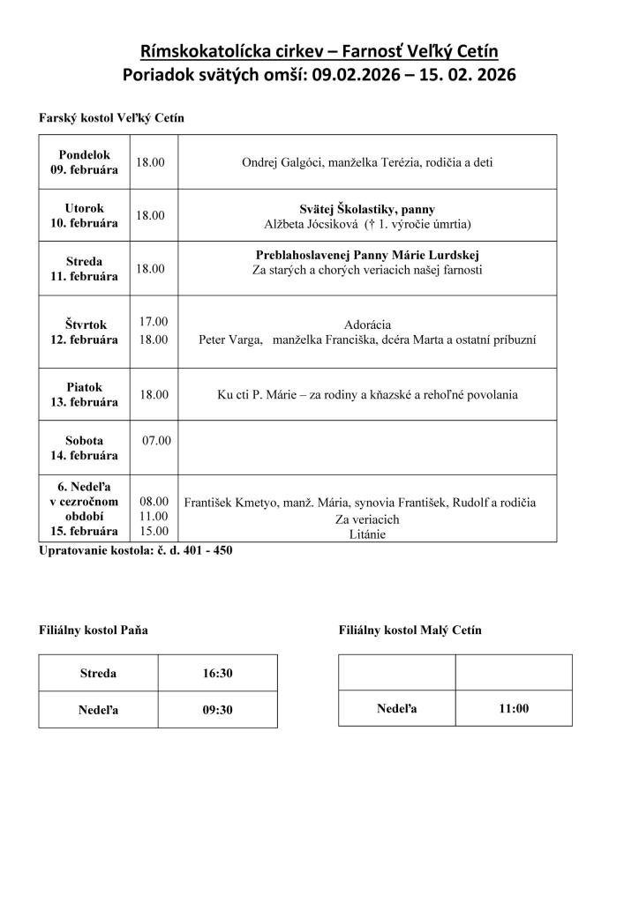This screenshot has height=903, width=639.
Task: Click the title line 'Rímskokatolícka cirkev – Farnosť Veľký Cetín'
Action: [319, 51]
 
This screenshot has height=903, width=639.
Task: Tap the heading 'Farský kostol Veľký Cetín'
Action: [111, 117]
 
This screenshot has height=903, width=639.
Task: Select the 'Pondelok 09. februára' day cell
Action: [84, 162]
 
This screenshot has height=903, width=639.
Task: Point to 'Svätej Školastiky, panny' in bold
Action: [367, 209]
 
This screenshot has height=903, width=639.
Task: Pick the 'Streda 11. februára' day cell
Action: [84, 269]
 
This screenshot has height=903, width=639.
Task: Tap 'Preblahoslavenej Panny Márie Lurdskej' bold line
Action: [367, 255]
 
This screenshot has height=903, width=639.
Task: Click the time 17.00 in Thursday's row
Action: [154, 322]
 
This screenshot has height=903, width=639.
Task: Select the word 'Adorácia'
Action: [370, 325]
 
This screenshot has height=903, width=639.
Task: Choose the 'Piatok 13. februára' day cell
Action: [84, 394]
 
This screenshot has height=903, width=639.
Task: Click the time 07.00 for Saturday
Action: [157, 440]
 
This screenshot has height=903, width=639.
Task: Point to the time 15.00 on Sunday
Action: [154, 532]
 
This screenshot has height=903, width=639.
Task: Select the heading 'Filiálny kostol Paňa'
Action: [94, 631]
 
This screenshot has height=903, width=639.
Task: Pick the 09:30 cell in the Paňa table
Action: [217, 709]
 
